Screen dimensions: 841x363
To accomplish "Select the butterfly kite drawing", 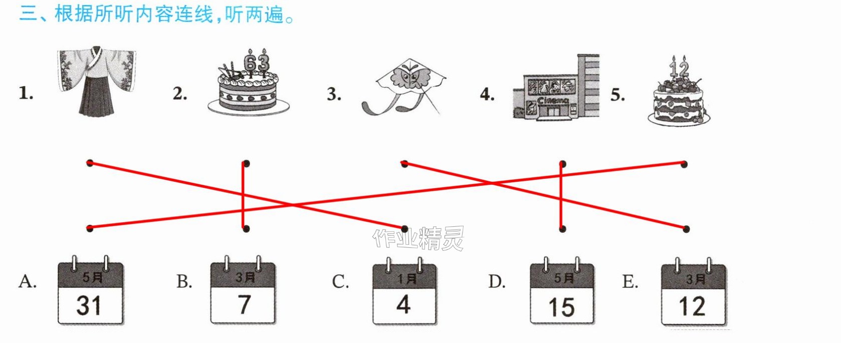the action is (404, 86).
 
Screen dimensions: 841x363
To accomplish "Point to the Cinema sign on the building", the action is (553, 101).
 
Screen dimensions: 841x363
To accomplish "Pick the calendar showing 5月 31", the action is (91, 290).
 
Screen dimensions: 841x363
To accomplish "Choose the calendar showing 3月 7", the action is (243, 290).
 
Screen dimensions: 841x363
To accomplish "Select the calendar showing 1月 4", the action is (404, 290).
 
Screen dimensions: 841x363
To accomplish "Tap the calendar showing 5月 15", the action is (562, 290).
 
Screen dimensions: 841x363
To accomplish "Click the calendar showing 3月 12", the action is (694, 291).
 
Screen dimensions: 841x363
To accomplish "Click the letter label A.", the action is (28, 281).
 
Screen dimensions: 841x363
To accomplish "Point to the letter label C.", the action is (340, 281).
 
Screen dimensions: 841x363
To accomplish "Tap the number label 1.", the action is (26, 93).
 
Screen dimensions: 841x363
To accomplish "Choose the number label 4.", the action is (487, 94).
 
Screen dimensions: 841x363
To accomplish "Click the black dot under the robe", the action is (90, 163).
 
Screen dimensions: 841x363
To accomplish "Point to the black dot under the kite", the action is (404, 164).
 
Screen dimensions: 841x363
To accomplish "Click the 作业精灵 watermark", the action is (418, 238).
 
